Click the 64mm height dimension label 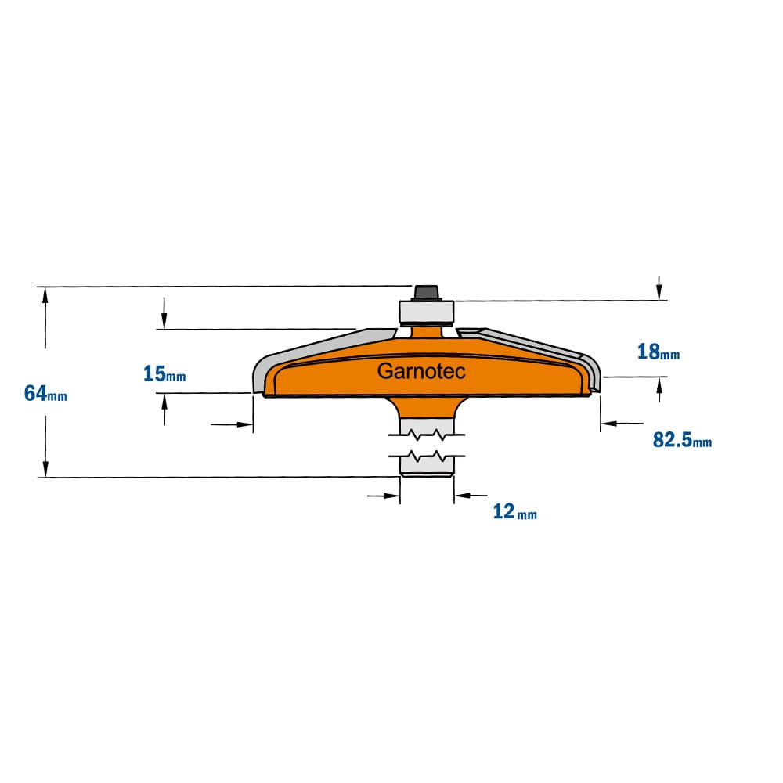45,394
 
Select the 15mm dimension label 164,373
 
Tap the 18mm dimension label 659,352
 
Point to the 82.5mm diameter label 682,440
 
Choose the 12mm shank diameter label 515,511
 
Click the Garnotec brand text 421,371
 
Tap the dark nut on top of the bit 426,293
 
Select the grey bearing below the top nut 426,313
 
